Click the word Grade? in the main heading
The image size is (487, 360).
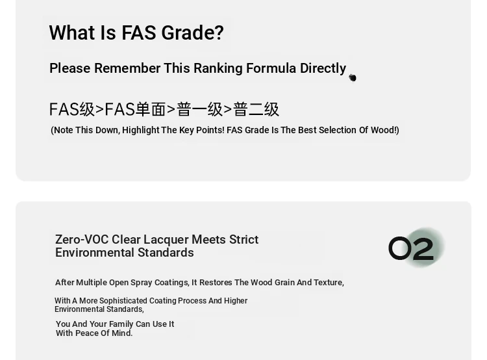tap(192, 33)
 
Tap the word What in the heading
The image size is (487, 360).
tap(72, 32)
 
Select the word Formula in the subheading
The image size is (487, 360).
tap(271, 68)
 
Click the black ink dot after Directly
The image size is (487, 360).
tap(353, 78)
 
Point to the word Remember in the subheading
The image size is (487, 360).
tap(127, 68)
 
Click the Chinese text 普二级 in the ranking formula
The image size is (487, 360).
tap(256, 109)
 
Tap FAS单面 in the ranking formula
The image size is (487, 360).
tap(135, 109)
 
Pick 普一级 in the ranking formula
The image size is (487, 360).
tap(200, 109)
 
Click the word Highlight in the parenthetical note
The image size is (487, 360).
tap(141, 130)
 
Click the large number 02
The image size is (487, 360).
tap(411, 248)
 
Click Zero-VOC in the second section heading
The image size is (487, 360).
tap(82, 239)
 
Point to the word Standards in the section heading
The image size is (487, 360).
tap(166, 252)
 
